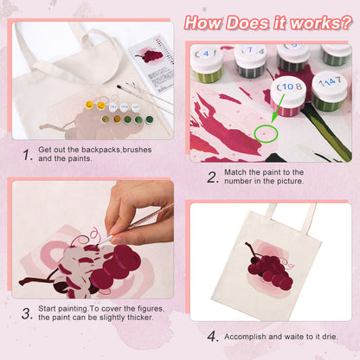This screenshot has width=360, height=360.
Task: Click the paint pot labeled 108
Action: click(x=290, y=95)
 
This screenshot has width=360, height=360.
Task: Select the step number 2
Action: click(x=214, y=177)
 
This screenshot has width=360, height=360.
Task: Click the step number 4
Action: click(x=213, y=336)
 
